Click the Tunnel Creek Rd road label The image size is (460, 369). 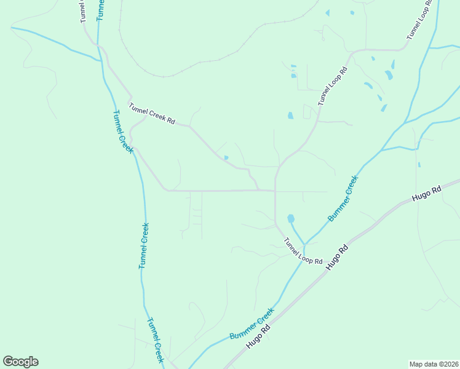[x=152, y=114]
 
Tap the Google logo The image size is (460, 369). [x=20, y=362]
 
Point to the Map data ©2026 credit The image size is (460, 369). [x=434, y=364]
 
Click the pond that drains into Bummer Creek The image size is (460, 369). [x=290, y=218]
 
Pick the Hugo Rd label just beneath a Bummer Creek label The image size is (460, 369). [x=259, y=338]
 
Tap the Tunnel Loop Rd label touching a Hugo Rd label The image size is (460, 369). [x=303, y=252]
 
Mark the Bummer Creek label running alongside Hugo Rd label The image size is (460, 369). [x=251, y=324]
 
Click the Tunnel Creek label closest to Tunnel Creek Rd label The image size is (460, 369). [x=123, y=132]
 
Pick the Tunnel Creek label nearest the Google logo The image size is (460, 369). [x=155, y=340]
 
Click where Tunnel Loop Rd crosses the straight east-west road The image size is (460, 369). [x=275, y=191]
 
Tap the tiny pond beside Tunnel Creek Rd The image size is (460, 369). [x=226, y=158]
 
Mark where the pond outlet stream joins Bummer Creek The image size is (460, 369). [x=304, y=244]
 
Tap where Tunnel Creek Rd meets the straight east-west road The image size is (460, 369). [x=258, y=190]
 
